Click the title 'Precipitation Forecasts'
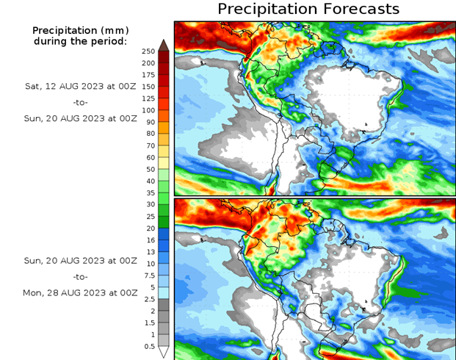(x=308, y=9)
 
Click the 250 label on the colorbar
(x=148, y=51)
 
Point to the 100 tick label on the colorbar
(x=148, y=110)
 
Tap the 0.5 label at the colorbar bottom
(x=150, y=346)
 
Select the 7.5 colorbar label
(x=150, y=276)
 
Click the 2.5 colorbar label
(x=150, y=299)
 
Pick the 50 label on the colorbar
(x=151, y=169)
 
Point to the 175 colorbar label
(x=148, y=74)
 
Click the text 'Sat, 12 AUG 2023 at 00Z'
(x=82, y=86)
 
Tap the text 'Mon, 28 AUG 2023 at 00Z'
(x=82, y=292)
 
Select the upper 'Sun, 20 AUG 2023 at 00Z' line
(x=82, y=117)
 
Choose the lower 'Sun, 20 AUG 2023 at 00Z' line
(x=82, y=261)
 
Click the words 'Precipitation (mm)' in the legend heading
(x=80, y=30)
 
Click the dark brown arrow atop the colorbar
(x=164, y=44)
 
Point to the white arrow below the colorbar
(x=164, y=352)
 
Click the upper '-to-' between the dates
(x=82, y=101)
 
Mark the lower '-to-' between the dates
(x=82, y=277)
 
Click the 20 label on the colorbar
(x=151, y=228)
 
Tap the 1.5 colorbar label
(x=150, y=323)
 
